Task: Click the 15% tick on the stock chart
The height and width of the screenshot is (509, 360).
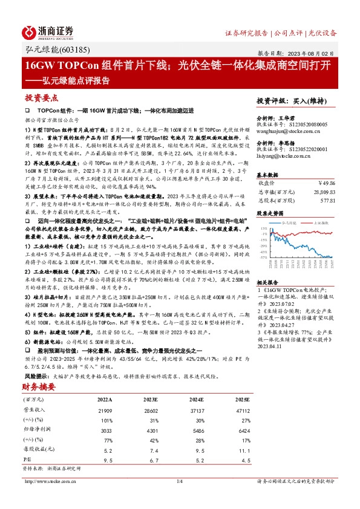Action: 261,229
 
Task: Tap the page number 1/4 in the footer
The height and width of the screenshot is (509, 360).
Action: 179,481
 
